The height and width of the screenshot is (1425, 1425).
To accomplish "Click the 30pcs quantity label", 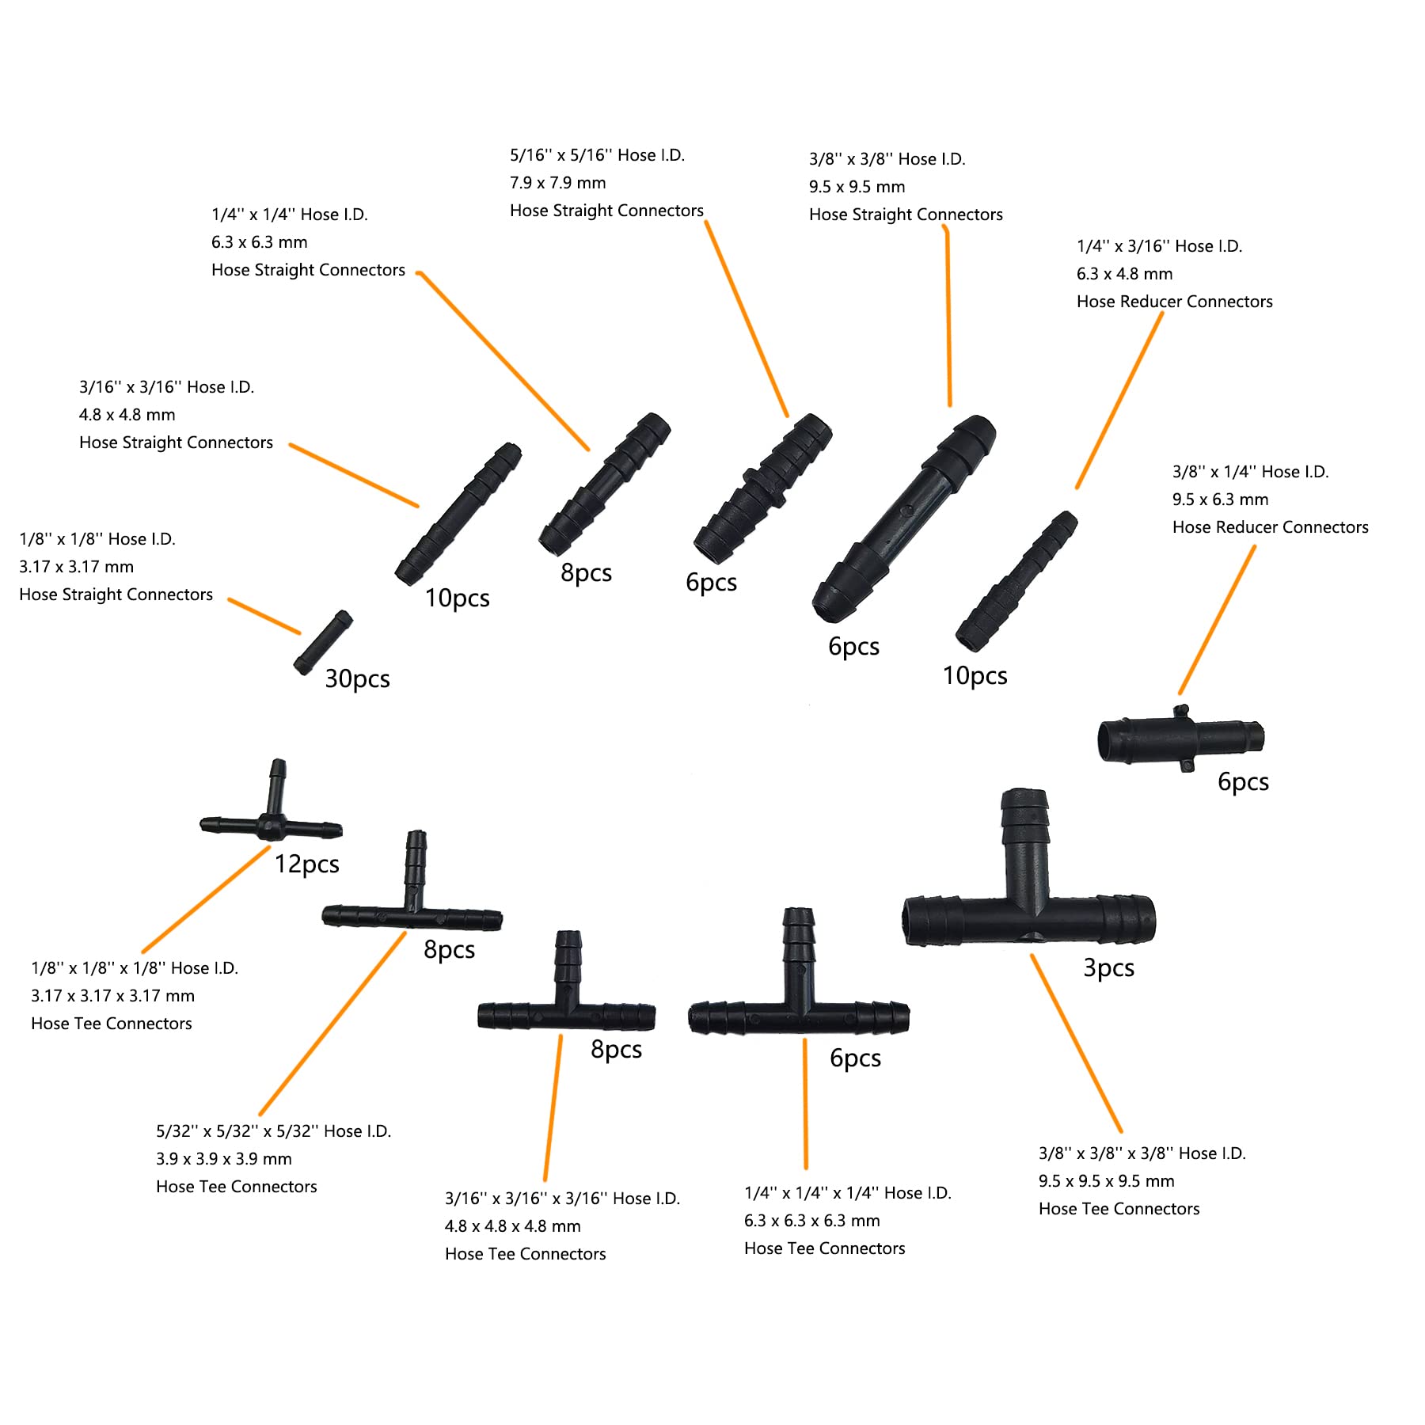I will pyautogui.click(x=357, y=679).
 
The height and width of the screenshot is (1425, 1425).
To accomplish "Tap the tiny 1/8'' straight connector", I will pyautogui.click(x=323, y=642).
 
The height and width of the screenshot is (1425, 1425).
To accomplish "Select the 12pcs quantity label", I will pyautogui.click(x=306, y=864).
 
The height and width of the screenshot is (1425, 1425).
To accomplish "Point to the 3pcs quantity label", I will pyautogui.click(x=1108, y=967).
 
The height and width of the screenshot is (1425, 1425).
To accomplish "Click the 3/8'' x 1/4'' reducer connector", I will pyautogui.click(x=1180, y=739).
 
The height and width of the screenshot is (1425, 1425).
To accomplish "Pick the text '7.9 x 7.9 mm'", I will pyautogui.click(x=557, y=183).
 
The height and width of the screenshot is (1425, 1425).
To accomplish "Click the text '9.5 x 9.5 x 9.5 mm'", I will pyautogui.click(x=1106, y=1181).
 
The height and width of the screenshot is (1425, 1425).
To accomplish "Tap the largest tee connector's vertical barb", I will pyautogui.click(x=1026, y=839).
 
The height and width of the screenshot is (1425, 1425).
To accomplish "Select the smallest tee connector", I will pyautogui.click(x=272, y=823).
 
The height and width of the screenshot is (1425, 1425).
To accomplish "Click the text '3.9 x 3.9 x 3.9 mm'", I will pyautogui.click(x=223, y=1159).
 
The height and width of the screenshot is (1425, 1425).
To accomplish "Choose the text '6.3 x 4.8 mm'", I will pyautogui.click(x=1124, y=274).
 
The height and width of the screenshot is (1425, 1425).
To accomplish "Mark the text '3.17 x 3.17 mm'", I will pyautogui.click(x=76, y=567).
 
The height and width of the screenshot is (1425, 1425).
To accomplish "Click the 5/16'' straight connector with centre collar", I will pyautogui.click(x=763, y=488).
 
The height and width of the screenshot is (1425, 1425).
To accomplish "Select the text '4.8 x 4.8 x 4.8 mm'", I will pyautogui.click(x=512, y=1226).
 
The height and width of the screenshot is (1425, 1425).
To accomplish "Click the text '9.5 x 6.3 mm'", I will pyautogui.click(x=1220, y=500).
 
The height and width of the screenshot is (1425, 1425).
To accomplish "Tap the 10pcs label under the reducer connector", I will pyautogui.click(x=975, y=676).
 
